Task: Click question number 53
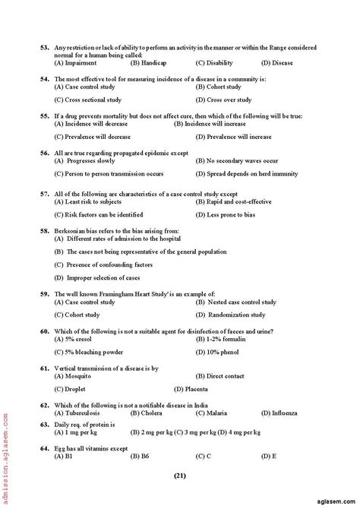(45, 48)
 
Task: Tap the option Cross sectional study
(86, 100)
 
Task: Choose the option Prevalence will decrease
(87, 137)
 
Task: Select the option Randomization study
(231, 315)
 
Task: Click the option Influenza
(279, 413)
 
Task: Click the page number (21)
(179, 476)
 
